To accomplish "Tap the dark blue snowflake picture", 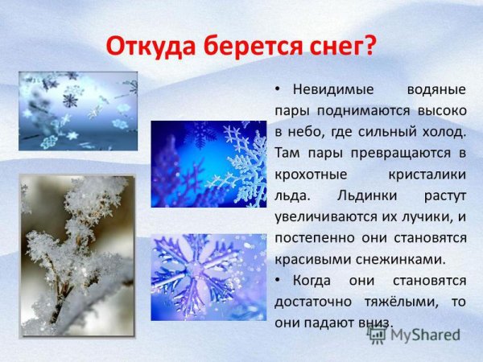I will coord(208,164).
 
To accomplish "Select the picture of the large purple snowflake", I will coord(208,277).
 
